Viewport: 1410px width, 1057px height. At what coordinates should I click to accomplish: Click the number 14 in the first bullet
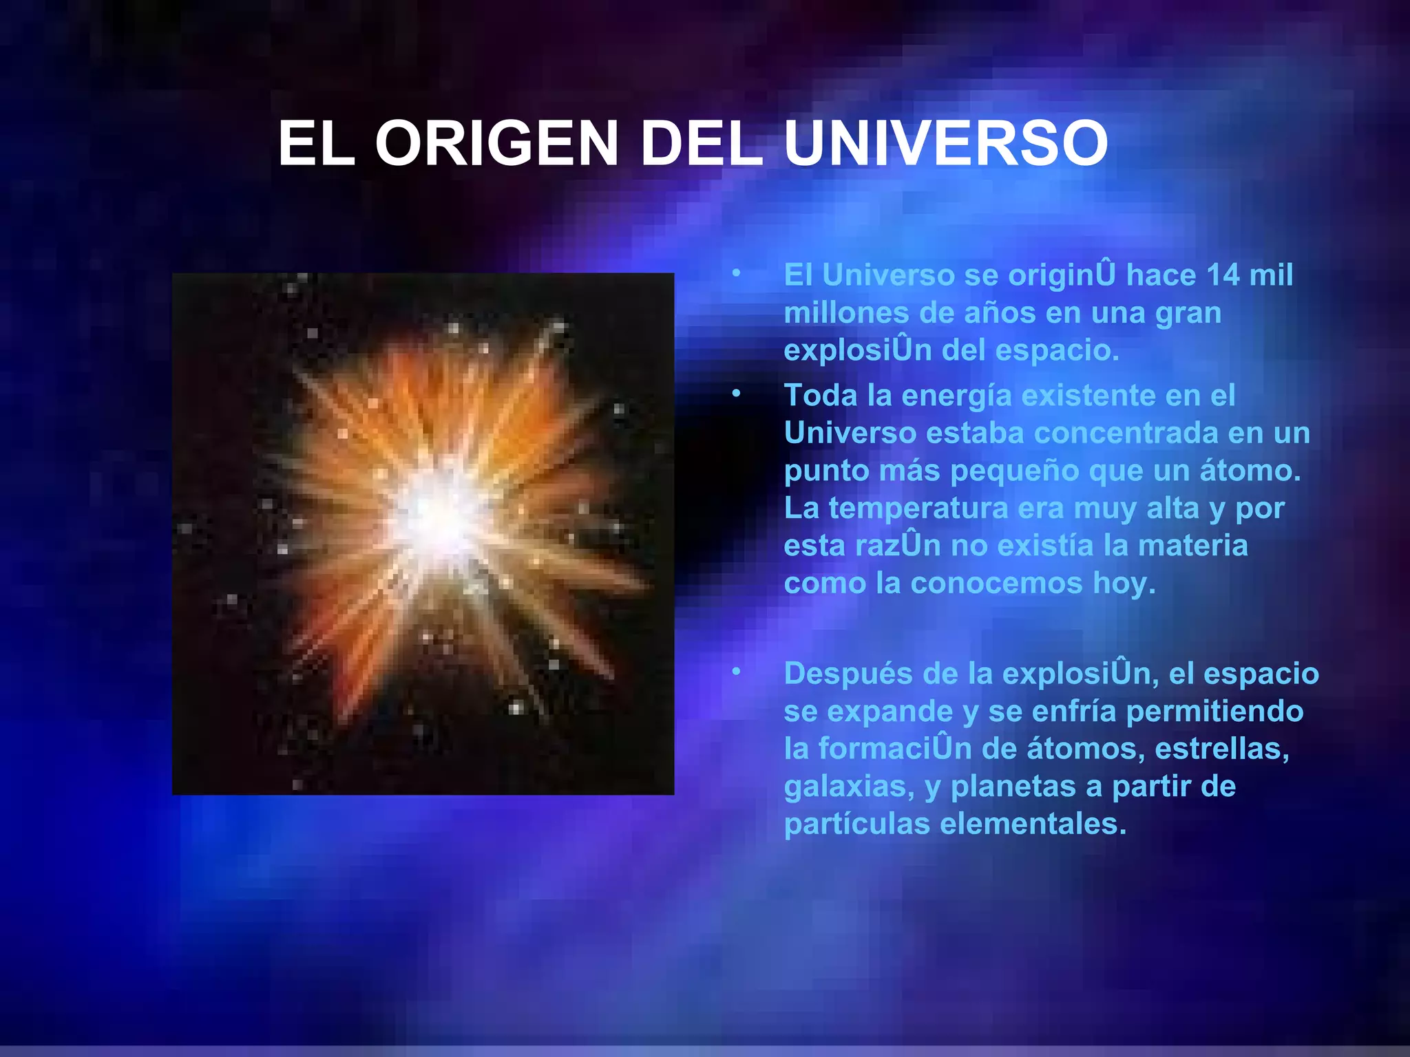point(1223,275)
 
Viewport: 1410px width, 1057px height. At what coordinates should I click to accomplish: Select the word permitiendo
point(1214,712)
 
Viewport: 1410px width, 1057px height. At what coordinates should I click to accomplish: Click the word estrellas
point(1221,749)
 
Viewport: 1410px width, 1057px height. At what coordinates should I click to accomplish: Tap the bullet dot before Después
point(736,671)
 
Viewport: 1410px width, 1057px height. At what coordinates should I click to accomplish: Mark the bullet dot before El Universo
point(736,273)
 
